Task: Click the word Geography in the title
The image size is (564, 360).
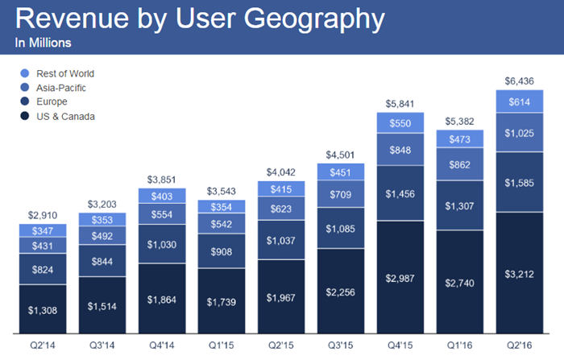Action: coord(314,19)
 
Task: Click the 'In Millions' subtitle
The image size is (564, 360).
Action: coord(44,43)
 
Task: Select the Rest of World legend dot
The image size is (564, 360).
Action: coord(25,73)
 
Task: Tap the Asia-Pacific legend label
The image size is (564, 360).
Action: coord(61,88)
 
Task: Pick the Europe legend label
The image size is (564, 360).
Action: coord(52,101)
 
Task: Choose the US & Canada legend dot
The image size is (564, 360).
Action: coord(25,116)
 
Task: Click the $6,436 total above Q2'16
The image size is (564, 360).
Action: coord(519,81)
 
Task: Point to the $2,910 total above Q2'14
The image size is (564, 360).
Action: coord(43,215)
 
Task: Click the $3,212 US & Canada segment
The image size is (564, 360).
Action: coord(520,273)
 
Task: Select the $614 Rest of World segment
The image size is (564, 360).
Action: coord(520,101)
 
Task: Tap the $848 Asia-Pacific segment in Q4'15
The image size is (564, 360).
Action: coord(400,150)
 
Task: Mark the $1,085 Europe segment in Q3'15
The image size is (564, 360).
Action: coord(341,228)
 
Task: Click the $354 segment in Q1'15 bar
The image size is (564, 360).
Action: coord(222,207)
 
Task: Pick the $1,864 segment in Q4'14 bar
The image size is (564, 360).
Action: coord(162,299)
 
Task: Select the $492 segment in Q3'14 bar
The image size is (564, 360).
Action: coord(102,235)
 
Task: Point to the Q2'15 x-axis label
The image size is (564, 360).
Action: coord(281,346)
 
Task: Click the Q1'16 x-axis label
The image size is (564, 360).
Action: coord(460,346)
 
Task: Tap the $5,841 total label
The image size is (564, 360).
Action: coord(400,104)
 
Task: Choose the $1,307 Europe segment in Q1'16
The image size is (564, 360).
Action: coord(460,205)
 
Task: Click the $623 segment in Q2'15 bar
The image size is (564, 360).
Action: coord(281,209)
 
